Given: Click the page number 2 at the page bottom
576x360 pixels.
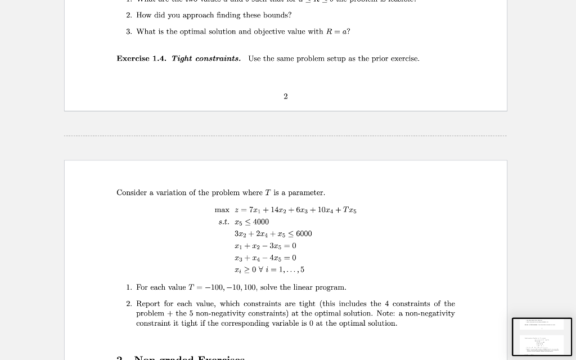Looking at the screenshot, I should (x=286, y=96).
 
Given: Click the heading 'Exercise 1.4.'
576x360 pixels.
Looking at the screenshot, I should (x=141, y=58).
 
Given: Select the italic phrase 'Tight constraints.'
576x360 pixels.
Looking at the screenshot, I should (x=206, y=58).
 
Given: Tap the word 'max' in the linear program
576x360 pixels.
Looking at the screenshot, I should (x=222, y=210).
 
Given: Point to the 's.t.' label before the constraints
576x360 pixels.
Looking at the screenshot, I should (x=224, y=222).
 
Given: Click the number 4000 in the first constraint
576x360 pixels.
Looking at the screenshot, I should (x=261, y=222).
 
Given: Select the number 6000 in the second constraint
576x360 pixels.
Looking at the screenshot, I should (x=304, y=233).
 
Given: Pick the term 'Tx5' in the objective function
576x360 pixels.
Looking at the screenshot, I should (x=349, y=210).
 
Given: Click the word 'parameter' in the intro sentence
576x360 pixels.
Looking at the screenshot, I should (x=306, y=192).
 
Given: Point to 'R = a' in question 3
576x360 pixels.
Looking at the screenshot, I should (x=337, y=31).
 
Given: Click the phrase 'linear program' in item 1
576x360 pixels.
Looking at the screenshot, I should (x=322, y=287).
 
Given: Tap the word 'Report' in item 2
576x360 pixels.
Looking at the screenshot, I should (x=148, y=304).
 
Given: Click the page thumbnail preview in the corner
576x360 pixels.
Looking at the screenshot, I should (x=542, y=337).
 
